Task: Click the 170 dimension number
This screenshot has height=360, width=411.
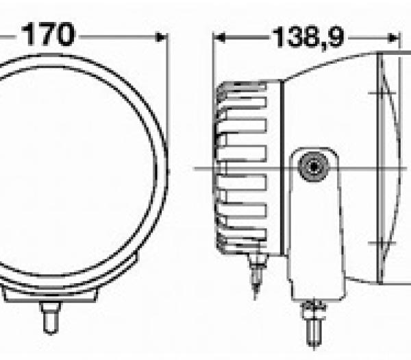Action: [x=48, y=35]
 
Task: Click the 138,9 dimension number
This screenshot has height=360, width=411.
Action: [x=308, y=38]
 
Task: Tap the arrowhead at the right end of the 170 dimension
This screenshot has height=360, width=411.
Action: [x=161, y=37]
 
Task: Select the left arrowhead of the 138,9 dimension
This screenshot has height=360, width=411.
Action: [x=219, y=38]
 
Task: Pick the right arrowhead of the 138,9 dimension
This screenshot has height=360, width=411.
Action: [x=393, y=38]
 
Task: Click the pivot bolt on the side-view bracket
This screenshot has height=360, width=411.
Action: [x=314, y=167]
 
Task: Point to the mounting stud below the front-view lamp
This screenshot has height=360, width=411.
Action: [x=51, y=318]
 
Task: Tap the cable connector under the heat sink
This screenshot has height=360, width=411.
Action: [x=256, y=273]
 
